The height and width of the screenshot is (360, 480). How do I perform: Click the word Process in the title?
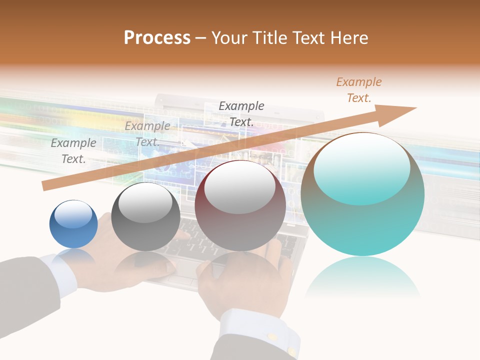(x=157, y=37)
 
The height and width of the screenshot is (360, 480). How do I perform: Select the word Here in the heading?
(x=348, y=37)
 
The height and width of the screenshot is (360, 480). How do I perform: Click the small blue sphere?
(x=73, y=224)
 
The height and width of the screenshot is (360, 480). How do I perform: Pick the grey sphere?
(x=145, y=216)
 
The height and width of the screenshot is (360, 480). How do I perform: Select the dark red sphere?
(x=240, y=205)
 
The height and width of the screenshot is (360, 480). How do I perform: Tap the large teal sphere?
(x=362, y=194)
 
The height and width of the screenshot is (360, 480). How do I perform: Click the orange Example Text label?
(x=358, y=90)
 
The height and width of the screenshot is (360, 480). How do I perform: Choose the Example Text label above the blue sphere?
(x=73, y=150)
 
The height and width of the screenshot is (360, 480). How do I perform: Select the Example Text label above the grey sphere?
(x=147, y=134)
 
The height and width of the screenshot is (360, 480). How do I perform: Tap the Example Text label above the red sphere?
(x=241, y=113)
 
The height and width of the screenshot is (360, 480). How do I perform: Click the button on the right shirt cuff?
(x=272, y=337)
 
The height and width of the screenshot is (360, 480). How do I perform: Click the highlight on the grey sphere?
(x=145, y=202)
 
